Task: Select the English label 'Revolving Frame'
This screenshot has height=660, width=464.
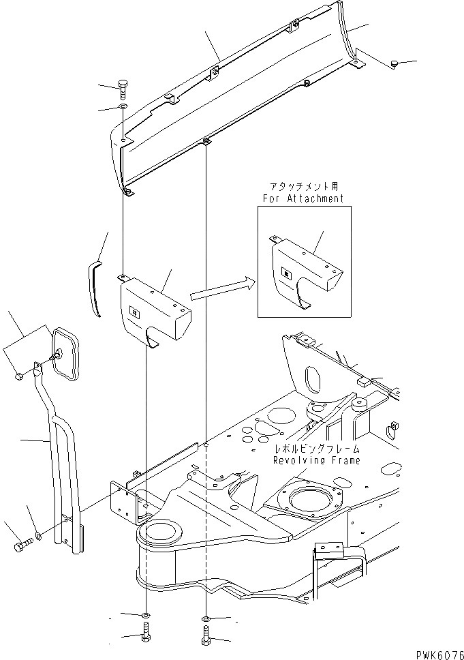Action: click(x=316, y=460)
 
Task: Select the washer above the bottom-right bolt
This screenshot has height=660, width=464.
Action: click(x=206, y=620)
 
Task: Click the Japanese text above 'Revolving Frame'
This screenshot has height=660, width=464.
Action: click(x=316, y=449)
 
